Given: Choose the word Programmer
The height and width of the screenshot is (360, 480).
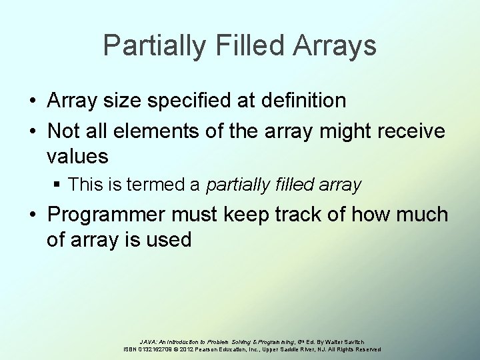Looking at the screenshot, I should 109,215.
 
